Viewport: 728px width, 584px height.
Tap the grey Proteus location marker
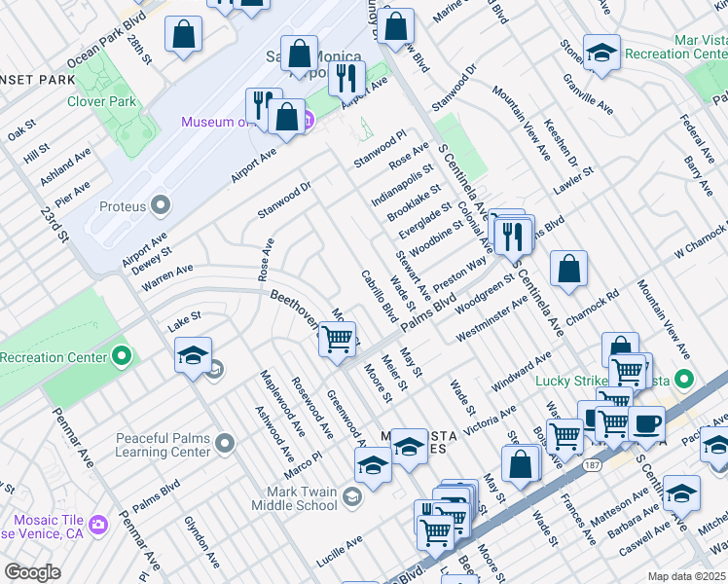coord(162,206)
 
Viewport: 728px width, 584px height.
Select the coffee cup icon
coord(646,424)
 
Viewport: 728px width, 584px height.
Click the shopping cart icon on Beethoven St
coord(337,340)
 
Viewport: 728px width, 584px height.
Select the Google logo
coord(32,572)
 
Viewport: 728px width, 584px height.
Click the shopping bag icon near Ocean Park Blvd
coord(183,37)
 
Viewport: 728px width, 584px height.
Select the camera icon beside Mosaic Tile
coord(98,526)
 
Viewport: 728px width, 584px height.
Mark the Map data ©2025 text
coord(686,576)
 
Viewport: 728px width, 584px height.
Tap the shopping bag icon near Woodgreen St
coord(568,271)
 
